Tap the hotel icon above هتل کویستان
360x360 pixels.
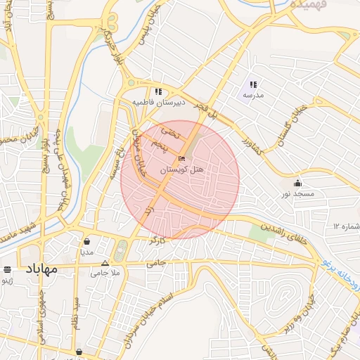pyautogui.click(x=182, y=159)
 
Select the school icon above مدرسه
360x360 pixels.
pyautogui.click(x=253, y=84)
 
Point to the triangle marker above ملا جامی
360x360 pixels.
pyautogui.click(x=105, y=264)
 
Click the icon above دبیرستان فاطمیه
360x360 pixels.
pyautogui.click(x=159, y=91)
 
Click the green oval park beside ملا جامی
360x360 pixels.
pyautogui.click(x=122, y=250)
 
